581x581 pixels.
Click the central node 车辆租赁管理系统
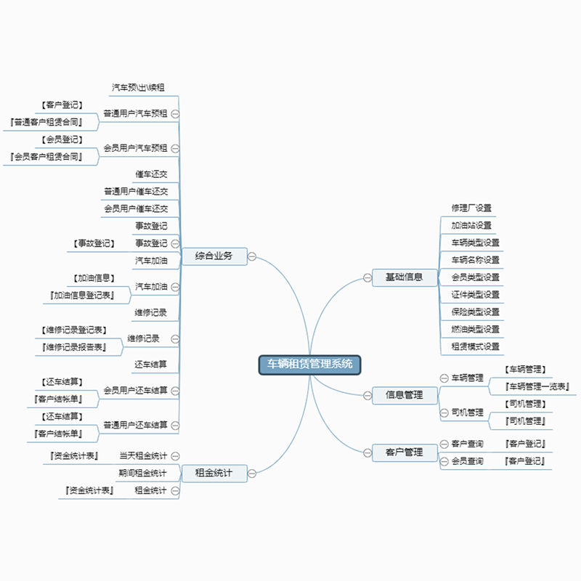click(309, 364)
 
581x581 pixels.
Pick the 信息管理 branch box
click(404, 395)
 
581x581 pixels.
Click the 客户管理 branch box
click(404, 452)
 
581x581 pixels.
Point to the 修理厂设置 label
click(471, 208)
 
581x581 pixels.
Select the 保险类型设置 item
click(475, 312)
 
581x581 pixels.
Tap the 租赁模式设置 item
click(475, 346)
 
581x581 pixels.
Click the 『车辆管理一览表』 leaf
click(537, 386)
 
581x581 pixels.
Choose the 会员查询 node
click(467, 461)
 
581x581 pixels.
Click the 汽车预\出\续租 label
click(138, 87)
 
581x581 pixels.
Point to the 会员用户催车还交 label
click(136, 208)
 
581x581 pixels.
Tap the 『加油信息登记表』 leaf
click(82, 295)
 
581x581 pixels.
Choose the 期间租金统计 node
click(143, 474)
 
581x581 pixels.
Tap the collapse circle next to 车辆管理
click(444, 378)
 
